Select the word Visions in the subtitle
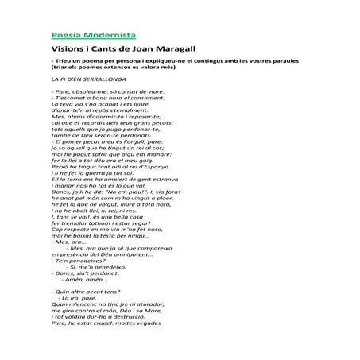point(68,49)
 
